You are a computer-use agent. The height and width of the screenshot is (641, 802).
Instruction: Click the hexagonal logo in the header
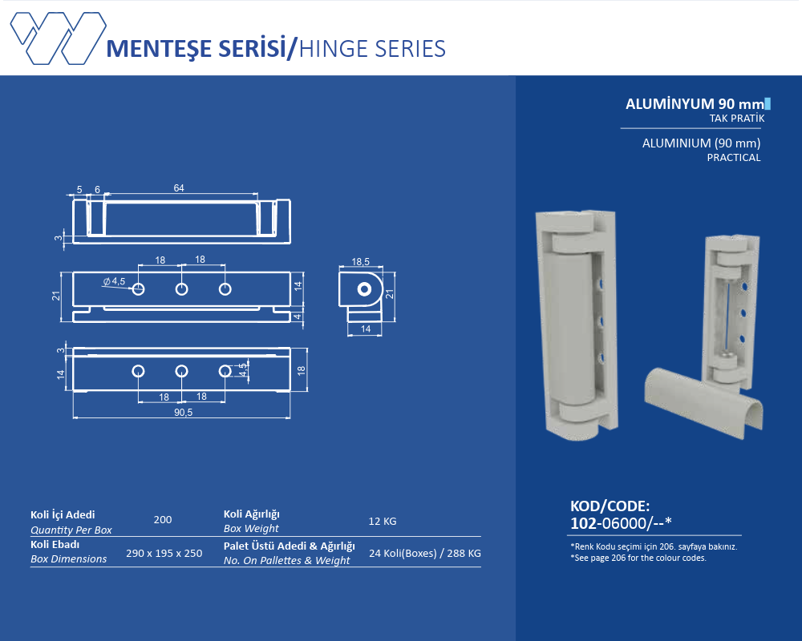(x=59, y=38)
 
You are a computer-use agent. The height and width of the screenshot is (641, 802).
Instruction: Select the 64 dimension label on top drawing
(x=179, y=188)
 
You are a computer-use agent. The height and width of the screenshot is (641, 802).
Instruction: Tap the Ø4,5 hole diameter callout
(x=114, y=281)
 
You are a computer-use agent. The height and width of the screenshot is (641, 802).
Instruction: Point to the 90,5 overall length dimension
(x=183, y=412)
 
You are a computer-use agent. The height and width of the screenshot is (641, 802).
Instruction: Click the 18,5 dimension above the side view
(x=360, y=262)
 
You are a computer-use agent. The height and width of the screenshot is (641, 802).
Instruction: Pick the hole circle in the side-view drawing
(x=364, y=290)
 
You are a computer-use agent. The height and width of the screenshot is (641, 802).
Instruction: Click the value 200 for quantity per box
(x=163, y=520)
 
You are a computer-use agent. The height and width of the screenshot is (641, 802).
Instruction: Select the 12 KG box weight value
(x=383, y=522)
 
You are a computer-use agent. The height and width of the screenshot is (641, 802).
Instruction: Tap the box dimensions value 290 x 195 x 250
(x=164, y=553)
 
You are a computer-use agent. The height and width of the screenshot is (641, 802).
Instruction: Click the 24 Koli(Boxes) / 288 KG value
(x=424, y=553)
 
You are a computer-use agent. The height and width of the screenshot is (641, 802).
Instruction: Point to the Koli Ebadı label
(x=55, y=544)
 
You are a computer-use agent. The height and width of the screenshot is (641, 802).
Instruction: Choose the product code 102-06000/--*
(x=621, y=523)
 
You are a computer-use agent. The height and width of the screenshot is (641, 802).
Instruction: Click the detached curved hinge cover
(x=704, y=401)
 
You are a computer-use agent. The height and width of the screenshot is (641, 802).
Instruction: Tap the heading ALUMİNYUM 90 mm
(x=695, y=104)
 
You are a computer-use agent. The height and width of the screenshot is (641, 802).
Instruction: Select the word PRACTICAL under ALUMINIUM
(x=734, y=157)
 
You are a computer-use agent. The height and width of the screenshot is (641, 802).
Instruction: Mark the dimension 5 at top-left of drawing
(x=79, y=190)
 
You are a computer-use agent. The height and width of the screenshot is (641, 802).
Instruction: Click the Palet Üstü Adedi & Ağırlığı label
(x=289, y=546)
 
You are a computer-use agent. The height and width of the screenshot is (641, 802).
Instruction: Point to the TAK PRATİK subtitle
(x=736, y=118)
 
